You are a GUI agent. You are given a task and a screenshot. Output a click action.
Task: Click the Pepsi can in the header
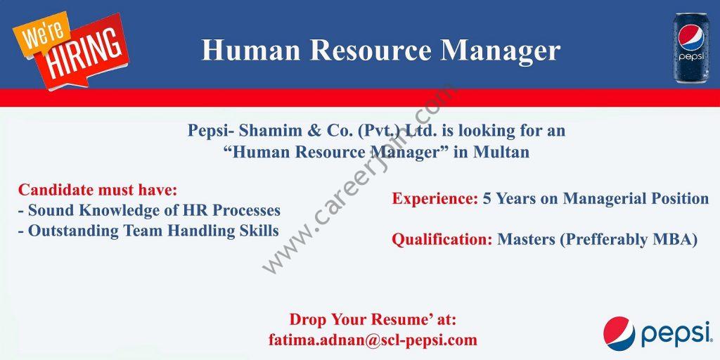click(x=691, y=49)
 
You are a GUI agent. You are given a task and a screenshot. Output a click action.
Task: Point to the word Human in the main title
click(x=251, y=50)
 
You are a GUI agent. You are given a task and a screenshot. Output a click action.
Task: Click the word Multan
click(x=501, y=152)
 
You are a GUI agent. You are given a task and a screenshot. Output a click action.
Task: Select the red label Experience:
click(x=435, y=198)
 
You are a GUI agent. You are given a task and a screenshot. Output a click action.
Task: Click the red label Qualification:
click(x=442, y=239)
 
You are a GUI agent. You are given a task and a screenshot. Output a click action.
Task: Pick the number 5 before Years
click(x=487, y=198)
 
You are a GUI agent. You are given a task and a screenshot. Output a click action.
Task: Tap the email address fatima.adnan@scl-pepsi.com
click(x=373, y=340)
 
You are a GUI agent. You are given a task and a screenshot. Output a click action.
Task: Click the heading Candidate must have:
click(x=97, y=189)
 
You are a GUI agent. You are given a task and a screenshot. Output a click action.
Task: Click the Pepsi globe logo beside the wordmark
click(x=619, y=334)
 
